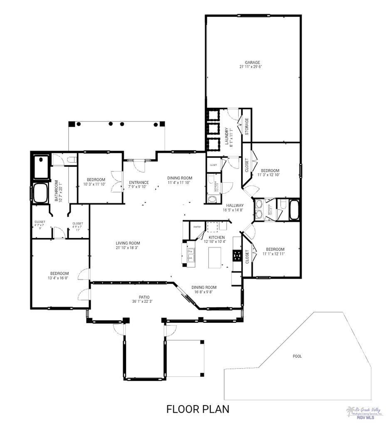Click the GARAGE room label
[x=250, y=62]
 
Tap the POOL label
[x=297, y=356]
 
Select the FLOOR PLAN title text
[x=198, y=409]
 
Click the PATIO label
[x=144, y=297]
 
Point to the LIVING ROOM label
[x=128, y=243]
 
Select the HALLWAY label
[x=235, y=206]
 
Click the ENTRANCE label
[x=139, y=182]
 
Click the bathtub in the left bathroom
[x=41, y=193]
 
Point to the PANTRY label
[x=197, y=227]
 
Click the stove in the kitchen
[x=237, y=255]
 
